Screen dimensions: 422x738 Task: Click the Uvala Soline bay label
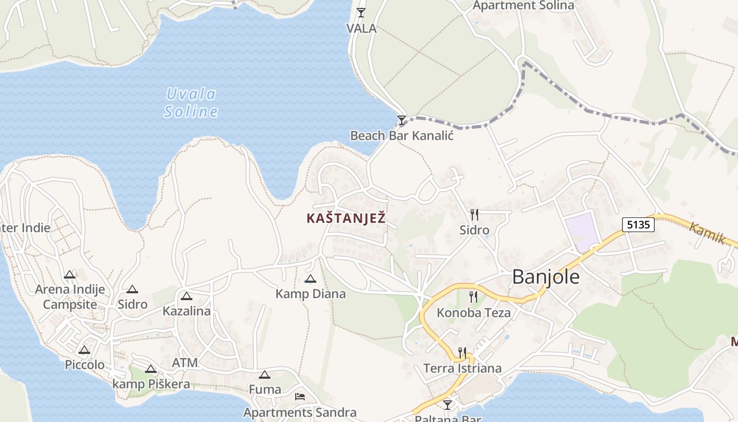tap(190, 103)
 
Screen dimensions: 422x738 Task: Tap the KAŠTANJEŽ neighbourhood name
tap(346, 218)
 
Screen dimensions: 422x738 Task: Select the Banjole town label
tap(546, 277)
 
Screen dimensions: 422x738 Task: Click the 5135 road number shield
tap(638, 225)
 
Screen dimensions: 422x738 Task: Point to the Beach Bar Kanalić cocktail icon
tap(402, 120)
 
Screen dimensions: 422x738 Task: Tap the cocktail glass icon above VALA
tap(361, 12)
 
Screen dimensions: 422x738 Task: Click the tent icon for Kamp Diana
tap(310, 279)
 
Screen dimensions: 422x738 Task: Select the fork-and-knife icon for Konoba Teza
tap(473, 297)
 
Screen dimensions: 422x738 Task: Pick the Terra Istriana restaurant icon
tap(462, 352)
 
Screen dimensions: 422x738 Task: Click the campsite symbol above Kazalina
tap(186, 296)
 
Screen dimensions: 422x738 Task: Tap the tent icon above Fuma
tap(265, 375)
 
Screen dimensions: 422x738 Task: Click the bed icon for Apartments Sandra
tap(300, 397)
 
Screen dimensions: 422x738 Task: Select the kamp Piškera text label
tap(151, 384)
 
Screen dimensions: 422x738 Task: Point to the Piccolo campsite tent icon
tap(84, 350)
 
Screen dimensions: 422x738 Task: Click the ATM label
tap(185, 363)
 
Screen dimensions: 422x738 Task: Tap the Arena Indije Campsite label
tap(70, 297)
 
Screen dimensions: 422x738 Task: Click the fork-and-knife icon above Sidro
tap(474, 214)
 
